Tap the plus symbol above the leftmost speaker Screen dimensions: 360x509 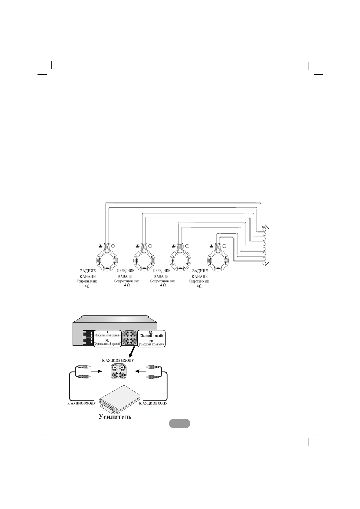[100, 246]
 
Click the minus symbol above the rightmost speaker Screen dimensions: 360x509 [224, 246]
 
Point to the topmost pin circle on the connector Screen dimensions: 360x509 [264, 229]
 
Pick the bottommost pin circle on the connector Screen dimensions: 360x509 [264, 264]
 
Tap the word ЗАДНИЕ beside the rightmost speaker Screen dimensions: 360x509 [200, 271]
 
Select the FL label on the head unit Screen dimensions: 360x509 [107, 332]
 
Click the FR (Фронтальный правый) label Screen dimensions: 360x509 [107, 342]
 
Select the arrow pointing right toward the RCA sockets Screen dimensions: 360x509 [95, 370]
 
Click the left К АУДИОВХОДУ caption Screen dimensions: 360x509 [81, 403]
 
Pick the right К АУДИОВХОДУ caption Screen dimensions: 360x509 [153, 403]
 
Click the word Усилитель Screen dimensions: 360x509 [115, 417]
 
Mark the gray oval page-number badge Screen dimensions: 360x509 [179, 423]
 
